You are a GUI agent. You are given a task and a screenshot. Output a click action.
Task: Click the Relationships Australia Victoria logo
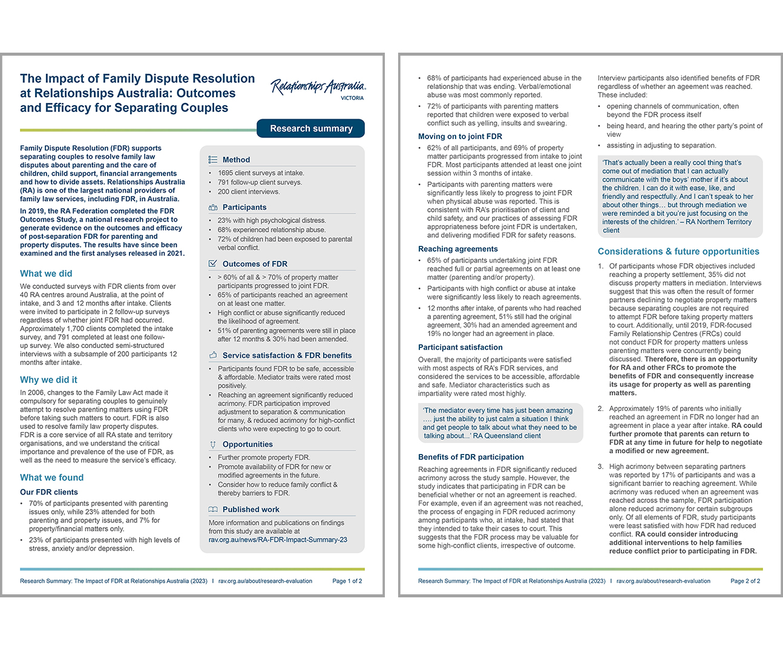coord(318,88)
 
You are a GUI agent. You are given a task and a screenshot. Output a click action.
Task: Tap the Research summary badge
coord(311,129)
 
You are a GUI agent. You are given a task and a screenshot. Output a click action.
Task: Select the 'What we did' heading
coord(46,274)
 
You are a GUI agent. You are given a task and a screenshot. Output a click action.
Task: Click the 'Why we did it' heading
coord(48,380)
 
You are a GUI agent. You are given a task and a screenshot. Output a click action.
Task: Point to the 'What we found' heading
coord(51,478)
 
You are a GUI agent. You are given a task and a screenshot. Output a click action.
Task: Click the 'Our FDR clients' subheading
coord(49,492)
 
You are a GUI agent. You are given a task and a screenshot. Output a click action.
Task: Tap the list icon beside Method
coord(213,160)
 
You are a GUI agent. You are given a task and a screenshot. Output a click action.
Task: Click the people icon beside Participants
coord(213,207)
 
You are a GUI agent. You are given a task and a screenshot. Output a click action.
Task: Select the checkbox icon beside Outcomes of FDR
coord(213,264)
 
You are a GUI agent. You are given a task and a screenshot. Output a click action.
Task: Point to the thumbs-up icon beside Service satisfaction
coord(213,355)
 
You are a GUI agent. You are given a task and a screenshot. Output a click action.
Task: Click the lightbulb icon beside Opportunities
coord(213,444)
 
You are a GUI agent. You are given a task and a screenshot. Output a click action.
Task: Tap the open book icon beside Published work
coord(213,510)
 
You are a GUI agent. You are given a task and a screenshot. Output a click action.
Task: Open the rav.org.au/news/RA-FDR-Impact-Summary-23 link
coord(278,540)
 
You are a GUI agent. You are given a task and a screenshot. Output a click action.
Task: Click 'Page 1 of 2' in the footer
coord(347,581)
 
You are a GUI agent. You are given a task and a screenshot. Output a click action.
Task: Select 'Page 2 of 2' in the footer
coord(745,581)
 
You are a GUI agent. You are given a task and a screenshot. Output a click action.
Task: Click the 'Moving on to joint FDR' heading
coord(460,137)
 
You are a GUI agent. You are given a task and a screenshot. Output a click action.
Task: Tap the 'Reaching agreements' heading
coord(458,249)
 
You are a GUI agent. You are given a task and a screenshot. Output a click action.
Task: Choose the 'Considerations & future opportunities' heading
coord(678,252)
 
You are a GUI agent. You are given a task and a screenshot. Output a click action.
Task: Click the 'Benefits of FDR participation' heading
coord(471,458)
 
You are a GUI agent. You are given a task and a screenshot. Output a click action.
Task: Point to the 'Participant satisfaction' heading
coord(460,347)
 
